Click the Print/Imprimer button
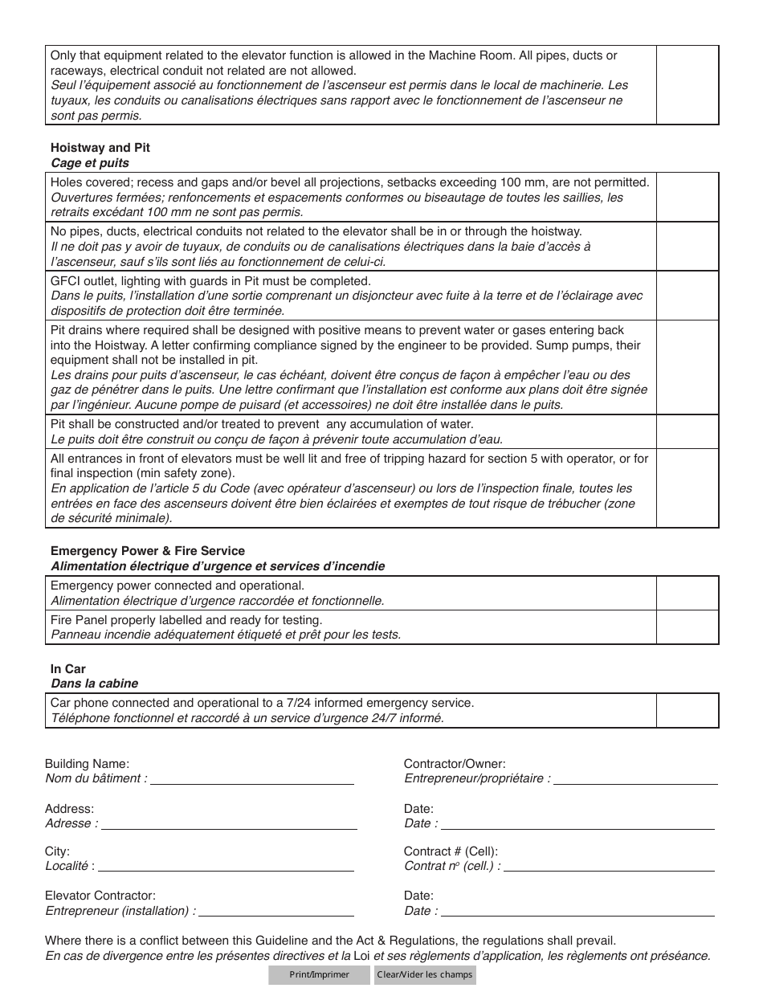319,975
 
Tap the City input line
226,865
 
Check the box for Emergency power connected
688,593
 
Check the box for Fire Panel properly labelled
688,627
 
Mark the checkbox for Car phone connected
688,710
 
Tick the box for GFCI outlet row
688,296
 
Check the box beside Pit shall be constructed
688,431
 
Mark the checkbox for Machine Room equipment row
688,85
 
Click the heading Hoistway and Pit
100,148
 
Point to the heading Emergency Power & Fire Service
148,551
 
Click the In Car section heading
68,668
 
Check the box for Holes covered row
688,198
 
